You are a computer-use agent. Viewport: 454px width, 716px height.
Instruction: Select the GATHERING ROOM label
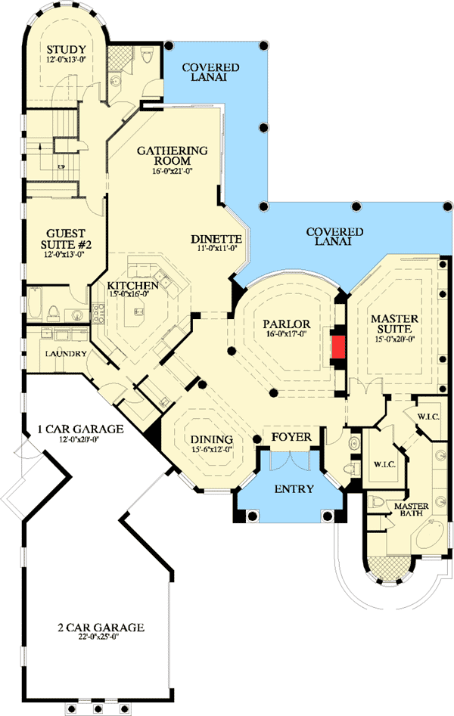(173, 155)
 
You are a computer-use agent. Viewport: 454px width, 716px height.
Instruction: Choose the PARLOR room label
(282, 323)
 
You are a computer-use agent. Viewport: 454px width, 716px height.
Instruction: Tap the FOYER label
(293, 436)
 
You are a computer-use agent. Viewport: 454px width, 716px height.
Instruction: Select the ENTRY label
(294, 489)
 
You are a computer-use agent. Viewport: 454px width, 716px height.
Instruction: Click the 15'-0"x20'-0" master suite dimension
(394, 339)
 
